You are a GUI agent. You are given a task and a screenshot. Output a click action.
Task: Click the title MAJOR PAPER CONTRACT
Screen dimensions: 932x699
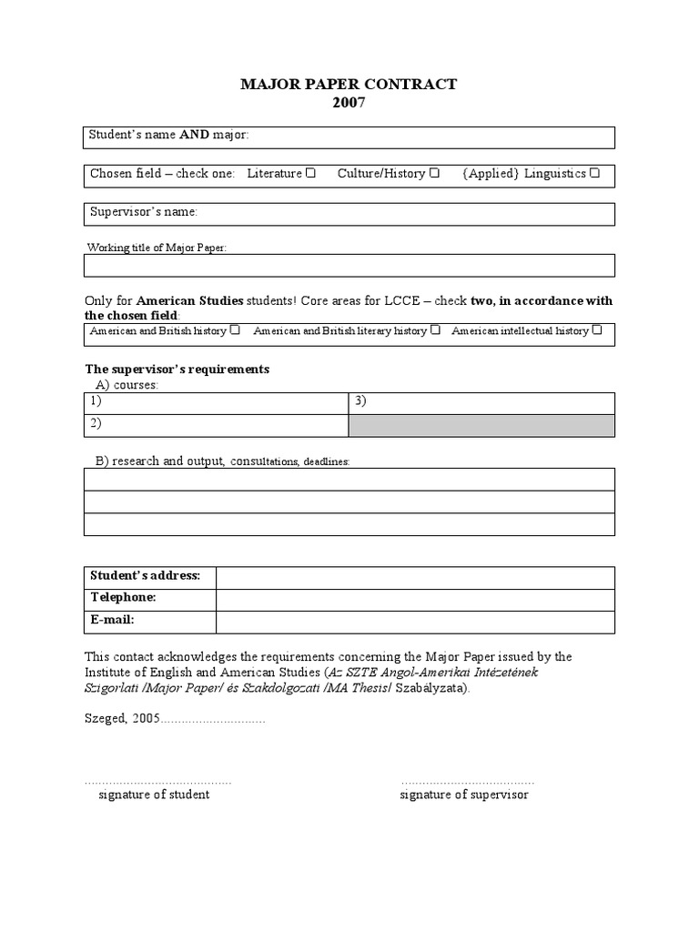pos(349,85)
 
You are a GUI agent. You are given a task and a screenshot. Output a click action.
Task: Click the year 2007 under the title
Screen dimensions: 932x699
pos(349,103)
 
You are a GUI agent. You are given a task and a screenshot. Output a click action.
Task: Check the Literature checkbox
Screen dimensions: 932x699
pos(311,173)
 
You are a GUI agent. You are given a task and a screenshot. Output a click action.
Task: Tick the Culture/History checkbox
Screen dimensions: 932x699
pos(435,173)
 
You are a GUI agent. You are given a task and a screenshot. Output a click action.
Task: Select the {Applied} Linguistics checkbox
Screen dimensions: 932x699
pos(594,173)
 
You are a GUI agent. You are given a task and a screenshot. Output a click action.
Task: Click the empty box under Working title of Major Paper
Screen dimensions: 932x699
pos(349,265)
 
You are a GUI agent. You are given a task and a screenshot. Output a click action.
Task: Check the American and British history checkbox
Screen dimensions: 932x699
pos(236,330)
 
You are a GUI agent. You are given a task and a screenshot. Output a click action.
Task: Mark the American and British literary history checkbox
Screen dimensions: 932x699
pos(436,330)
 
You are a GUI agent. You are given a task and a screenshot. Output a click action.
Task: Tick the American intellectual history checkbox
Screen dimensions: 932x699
pos(597,330)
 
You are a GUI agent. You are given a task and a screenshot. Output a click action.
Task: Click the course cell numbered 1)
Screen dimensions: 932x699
pos(216,403)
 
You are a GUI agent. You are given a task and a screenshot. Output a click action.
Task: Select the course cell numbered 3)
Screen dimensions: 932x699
pos(481,403)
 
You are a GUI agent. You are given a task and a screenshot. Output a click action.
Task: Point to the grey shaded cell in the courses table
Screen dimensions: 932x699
pos(481,425)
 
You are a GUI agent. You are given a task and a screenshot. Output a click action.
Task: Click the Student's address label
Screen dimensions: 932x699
pos(149,577)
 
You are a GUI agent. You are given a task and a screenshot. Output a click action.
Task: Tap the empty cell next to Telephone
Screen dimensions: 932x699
pos(414,599)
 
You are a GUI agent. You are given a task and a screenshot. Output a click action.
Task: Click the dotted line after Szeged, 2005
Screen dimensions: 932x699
pos(213,719)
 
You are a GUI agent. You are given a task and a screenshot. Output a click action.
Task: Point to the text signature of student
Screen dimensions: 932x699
pos(154,795)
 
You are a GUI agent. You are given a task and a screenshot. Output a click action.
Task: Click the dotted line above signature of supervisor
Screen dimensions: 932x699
pos(467,782)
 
